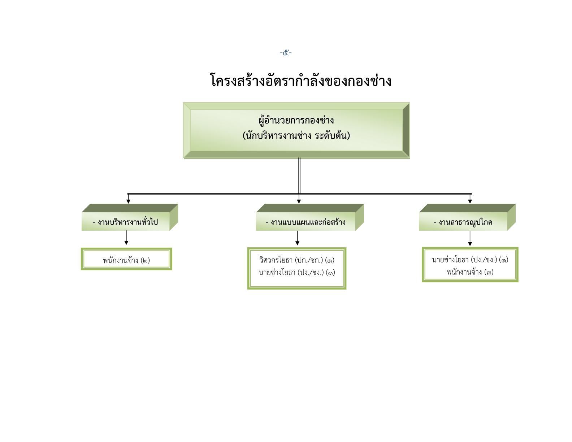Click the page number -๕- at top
(x=286, y=53)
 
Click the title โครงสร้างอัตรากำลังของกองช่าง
(x=300, y=80)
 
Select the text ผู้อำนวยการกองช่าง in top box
(x=296, y=121)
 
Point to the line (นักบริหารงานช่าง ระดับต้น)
(x=296, y=135)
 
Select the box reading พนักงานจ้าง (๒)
(x=126, y=259)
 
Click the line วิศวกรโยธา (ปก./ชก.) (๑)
(x=297, y=260)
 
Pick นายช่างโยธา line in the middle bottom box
(x=297, y=273)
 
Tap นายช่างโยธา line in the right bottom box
(x=470, y=260)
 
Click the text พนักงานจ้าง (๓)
(x=470, y=272)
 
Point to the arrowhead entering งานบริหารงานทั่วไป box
(x=128, y=201)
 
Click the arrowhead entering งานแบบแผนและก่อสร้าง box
(x=299, y=201)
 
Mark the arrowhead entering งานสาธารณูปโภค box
(x=470, y=201)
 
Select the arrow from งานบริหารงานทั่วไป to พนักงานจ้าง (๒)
(x=126, y=238)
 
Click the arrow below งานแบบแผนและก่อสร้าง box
(x=297, y=238)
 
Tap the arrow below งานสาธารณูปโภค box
(x=470, y=238)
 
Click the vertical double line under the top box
(x=299, y=176)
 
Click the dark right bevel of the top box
(x=406, y=130)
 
